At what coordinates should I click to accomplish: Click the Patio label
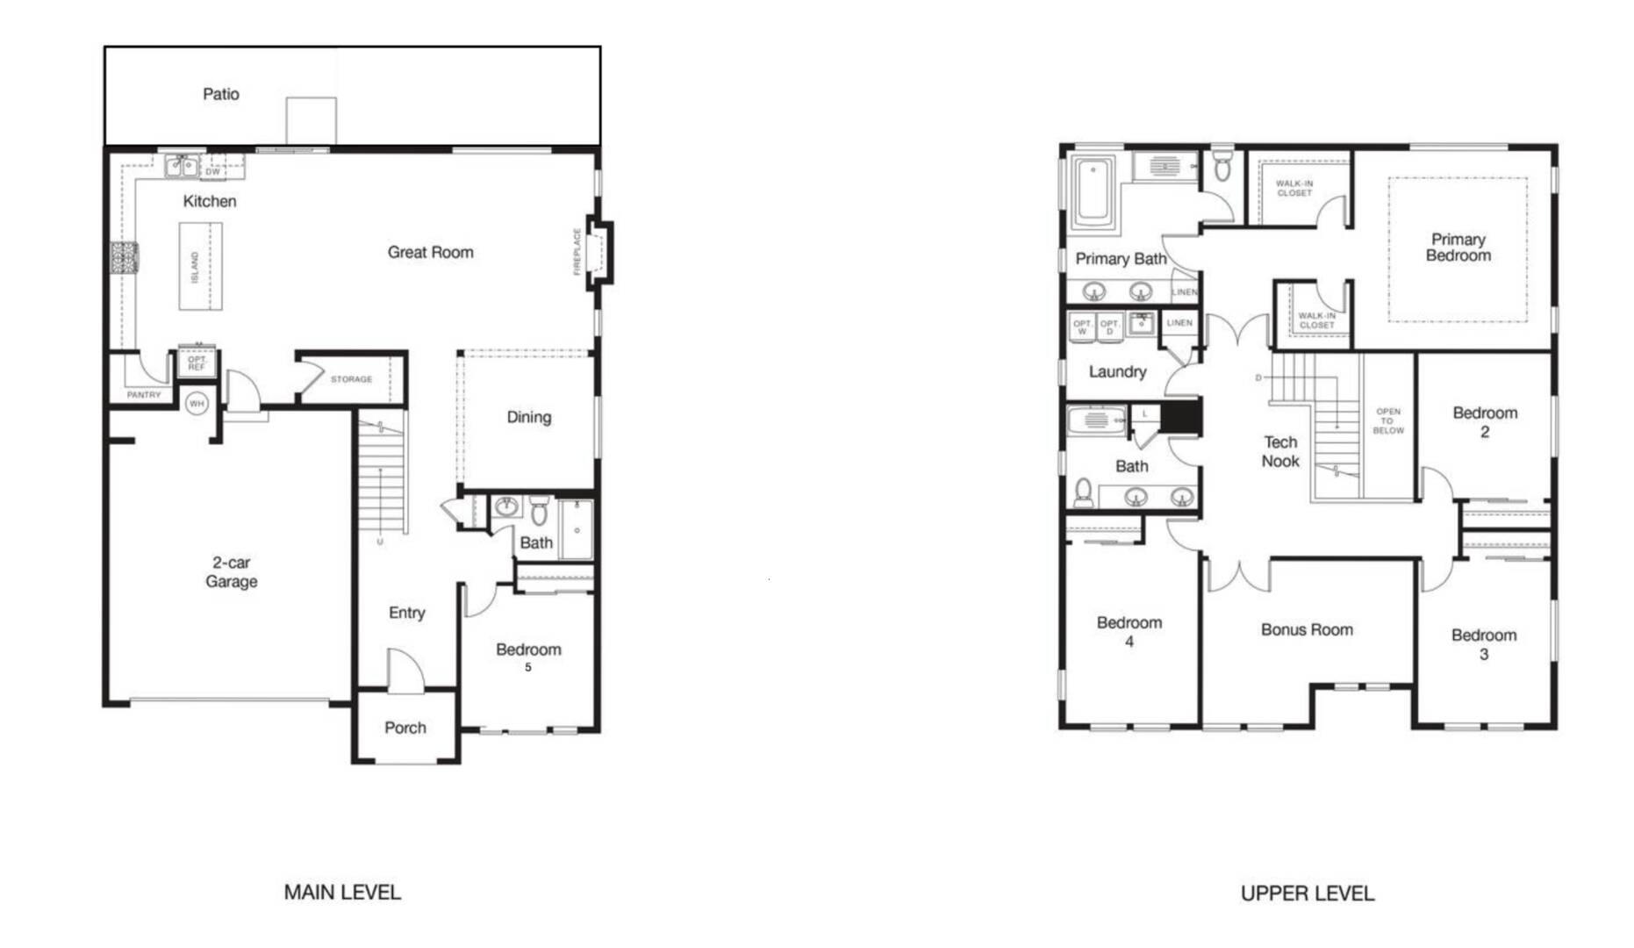220,94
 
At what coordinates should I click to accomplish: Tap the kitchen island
200,266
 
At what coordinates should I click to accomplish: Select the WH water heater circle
197,404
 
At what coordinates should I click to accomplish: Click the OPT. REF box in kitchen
197,363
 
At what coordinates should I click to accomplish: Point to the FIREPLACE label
577,252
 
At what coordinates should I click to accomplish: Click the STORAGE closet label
351,379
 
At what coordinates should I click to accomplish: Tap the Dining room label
528,417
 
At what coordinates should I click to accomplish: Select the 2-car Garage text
231,571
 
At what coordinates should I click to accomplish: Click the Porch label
405,728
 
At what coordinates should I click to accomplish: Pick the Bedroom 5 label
527,656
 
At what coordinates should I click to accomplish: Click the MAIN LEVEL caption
342,892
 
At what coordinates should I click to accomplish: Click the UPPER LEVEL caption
1307,893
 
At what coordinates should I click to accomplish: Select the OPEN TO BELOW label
1388,420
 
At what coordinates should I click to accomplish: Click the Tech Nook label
1279,451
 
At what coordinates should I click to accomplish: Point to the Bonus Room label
1306,629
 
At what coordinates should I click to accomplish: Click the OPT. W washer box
1083,327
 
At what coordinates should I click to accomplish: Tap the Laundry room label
1117,371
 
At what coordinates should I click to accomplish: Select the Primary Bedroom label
1458,248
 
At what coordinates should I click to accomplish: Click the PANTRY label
144,395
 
